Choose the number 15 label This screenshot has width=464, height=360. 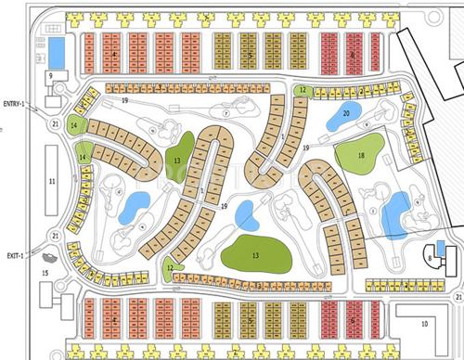pos(45,274)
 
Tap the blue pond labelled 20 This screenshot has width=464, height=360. pos(344,114)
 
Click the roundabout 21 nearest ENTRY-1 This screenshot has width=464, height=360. pos(55,123)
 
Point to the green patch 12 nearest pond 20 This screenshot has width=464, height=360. pos(303,90)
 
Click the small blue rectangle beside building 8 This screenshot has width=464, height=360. pos(440,245)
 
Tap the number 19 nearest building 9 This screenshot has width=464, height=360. pos(124,97)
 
